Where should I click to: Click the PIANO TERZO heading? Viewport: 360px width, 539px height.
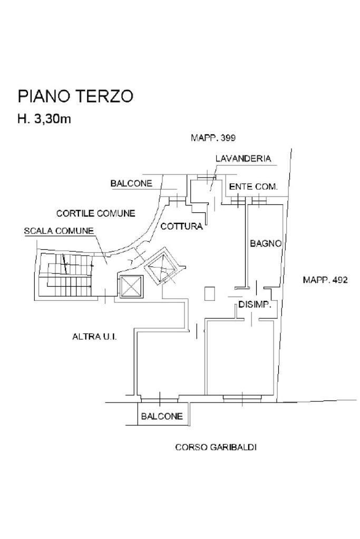(x=75, y=96)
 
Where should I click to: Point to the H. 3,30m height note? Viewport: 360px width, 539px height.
(x=44, y=119)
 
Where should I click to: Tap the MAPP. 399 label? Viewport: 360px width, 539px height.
(x=213, y=138)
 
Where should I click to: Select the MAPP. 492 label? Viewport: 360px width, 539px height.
(x=325, y=280)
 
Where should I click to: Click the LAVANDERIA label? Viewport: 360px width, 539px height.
(x=243, y=159)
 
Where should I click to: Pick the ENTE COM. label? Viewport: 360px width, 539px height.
(x=254, y=187)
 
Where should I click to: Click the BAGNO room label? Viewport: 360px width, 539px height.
(x=266, y=244)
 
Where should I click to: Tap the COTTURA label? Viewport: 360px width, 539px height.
(x=182, y=226)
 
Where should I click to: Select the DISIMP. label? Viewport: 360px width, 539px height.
(x=255, y=305)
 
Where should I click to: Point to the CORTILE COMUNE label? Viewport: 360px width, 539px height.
(x=95, y=213)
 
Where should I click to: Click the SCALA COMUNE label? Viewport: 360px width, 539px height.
(x=59, y=231)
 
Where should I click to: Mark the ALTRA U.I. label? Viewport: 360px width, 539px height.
(x=94, y=337)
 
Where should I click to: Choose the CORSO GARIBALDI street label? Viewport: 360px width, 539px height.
(x=216, y=447)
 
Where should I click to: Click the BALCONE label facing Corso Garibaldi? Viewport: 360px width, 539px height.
(x=162, y=417)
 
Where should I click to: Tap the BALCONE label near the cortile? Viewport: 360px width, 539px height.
(x=131, y=183)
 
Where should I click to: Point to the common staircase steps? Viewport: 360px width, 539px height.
(x=65, y=275)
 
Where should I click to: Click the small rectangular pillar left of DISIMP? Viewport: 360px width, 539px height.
(x=210, y=293)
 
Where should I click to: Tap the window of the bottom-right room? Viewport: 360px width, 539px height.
(x=242, y=398)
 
